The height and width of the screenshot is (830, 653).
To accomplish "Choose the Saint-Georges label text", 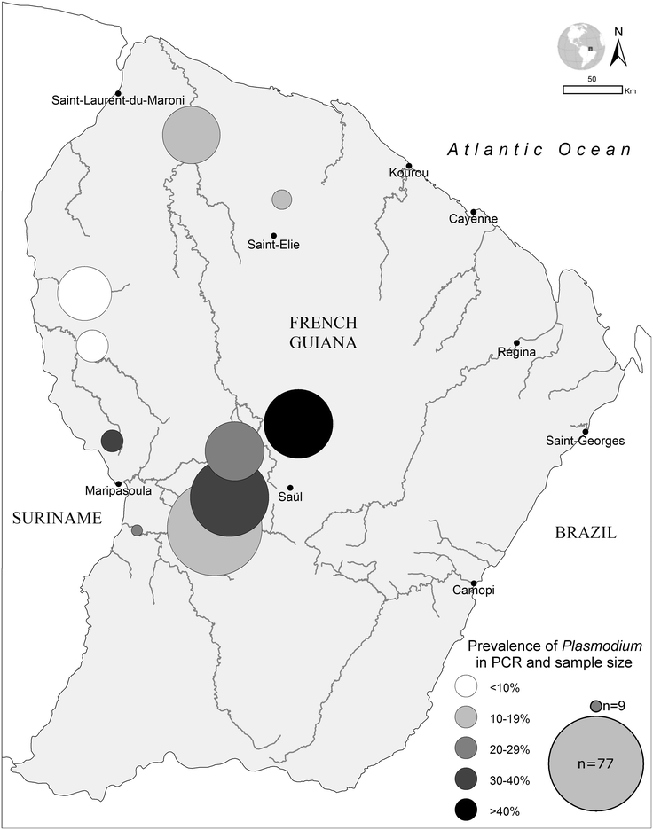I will click(x=586, y=441).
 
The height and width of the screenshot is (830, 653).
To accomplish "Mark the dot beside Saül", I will click(x=289, y=486).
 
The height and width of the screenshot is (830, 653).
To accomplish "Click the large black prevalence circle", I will click(x=298, y=424).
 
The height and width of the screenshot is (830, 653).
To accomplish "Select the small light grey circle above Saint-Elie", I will click(x=282, y=199).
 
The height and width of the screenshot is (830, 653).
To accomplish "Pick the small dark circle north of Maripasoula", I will click(x=112, y=441).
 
